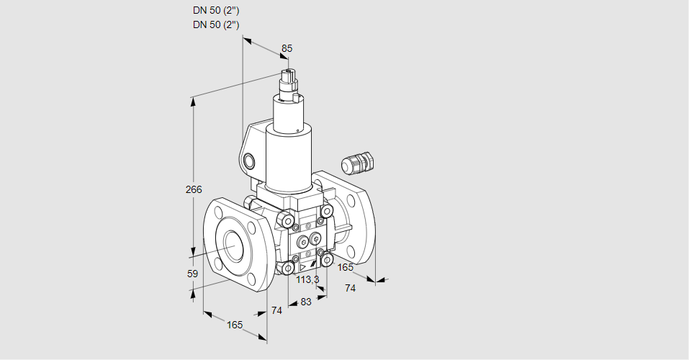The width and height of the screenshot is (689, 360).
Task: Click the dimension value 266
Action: [194, 190]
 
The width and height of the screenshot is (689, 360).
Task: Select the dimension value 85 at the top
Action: [287, 48]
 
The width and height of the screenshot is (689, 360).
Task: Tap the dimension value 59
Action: [192, 274]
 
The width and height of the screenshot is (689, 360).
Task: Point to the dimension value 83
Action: [306, 302]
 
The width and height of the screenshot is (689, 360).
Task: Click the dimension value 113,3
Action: [308, 280]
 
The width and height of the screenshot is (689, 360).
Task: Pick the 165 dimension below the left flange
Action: [235, 325]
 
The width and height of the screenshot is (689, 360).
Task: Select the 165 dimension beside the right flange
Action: [346, 267]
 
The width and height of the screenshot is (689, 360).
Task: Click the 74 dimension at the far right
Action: [350, 288]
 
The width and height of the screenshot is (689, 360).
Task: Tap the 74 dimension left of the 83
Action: [276, 310]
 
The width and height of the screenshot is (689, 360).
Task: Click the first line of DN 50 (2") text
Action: [216, 10]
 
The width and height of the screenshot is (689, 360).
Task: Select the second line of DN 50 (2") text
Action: [216, 24]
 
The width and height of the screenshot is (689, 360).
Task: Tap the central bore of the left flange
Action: [233, 246]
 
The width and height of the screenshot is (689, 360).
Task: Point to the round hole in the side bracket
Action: [249, 160]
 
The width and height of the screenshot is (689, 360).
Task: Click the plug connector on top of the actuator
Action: [289, 81]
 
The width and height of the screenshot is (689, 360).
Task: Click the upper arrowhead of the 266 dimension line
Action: [193, 101]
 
